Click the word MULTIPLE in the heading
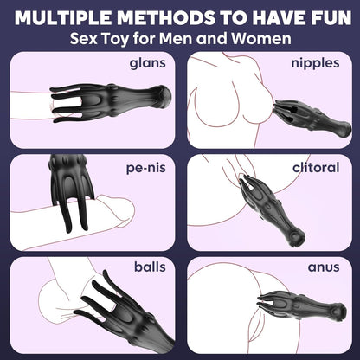(x=63, y=17)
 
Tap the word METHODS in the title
(x=166, y=17)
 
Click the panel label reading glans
(x=148, y=63)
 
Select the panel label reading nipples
(x=315, y=63)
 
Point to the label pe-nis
(x=146, y=168)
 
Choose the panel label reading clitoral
(x=316, y=167)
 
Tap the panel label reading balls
(x=150, y=267)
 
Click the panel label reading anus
(x=324, y=267)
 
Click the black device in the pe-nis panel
(x=71, y=184)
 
